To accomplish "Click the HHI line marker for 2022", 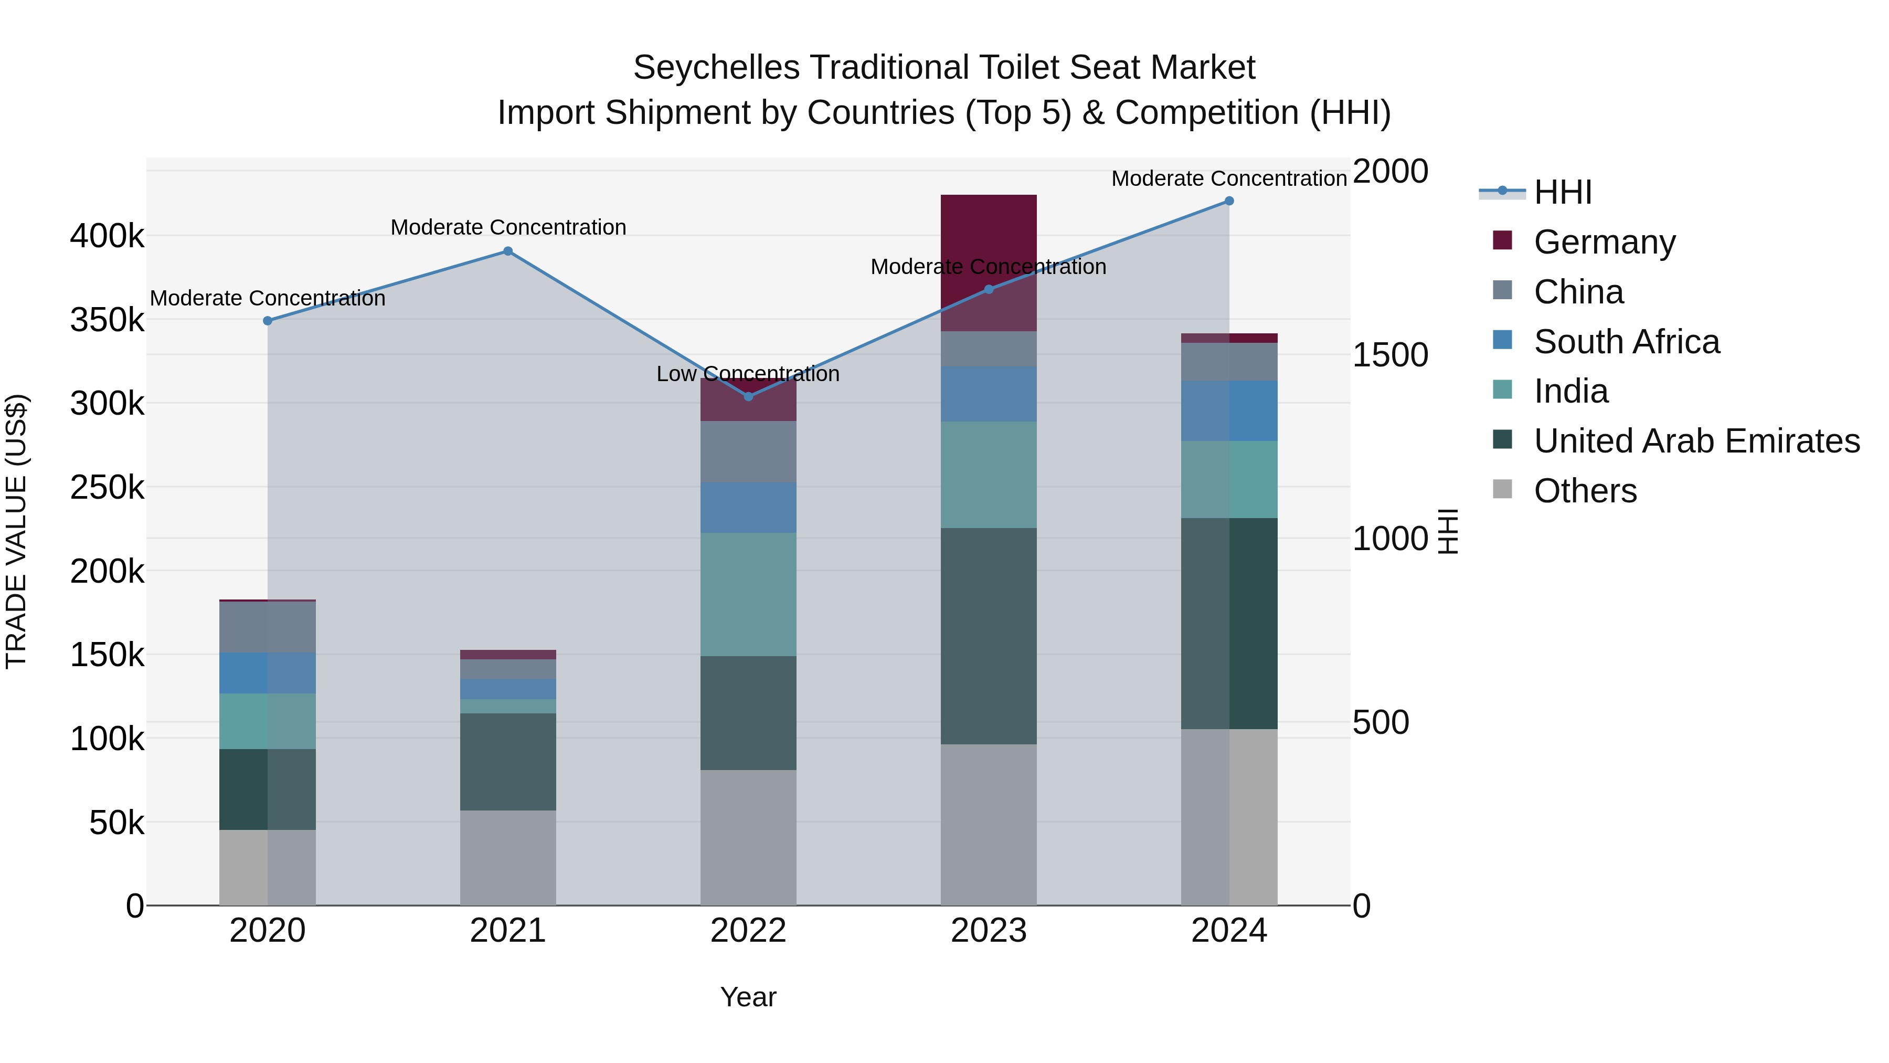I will (x=748, y=396).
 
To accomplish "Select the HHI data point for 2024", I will (x=1229, y=201).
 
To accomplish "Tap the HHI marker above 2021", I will (x=507, y=251).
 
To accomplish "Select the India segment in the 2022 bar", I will (x=748, y=594).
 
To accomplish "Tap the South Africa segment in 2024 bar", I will (x=1229, y=411).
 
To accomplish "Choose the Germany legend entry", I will (x=1605, y=242).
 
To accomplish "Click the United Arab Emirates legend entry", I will (x=1696, y=441).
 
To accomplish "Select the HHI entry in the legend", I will (x=1563, y=192).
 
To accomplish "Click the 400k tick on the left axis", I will (x=107, y=236).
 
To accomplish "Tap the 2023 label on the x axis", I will (x=989, y=931).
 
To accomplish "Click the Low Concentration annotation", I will (x=748, y=374).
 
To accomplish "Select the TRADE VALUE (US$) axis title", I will (x=16, y=531).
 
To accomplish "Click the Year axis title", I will (x=748, y=997).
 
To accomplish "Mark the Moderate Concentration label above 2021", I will (x=508, y=227).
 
